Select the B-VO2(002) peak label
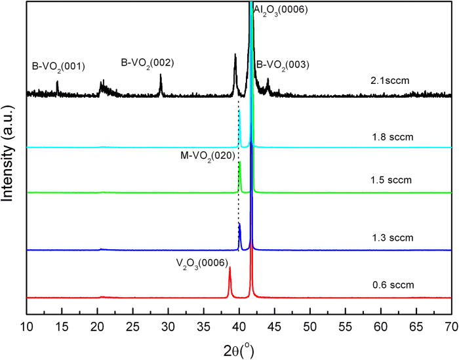click(148, 63)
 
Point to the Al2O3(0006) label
click(281, 9)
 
